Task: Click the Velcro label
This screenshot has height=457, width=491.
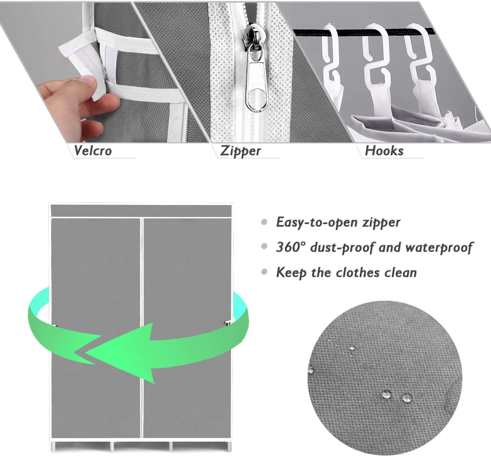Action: (93, 151)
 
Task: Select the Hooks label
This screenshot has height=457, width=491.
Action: (384, 151)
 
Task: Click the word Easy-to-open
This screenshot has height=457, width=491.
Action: (317, 222)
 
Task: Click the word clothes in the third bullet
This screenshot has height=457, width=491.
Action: (358, 272)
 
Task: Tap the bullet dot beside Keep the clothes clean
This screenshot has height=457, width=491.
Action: (264, 272)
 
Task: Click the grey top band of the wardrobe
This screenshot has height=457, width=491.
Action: (141, 211)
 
